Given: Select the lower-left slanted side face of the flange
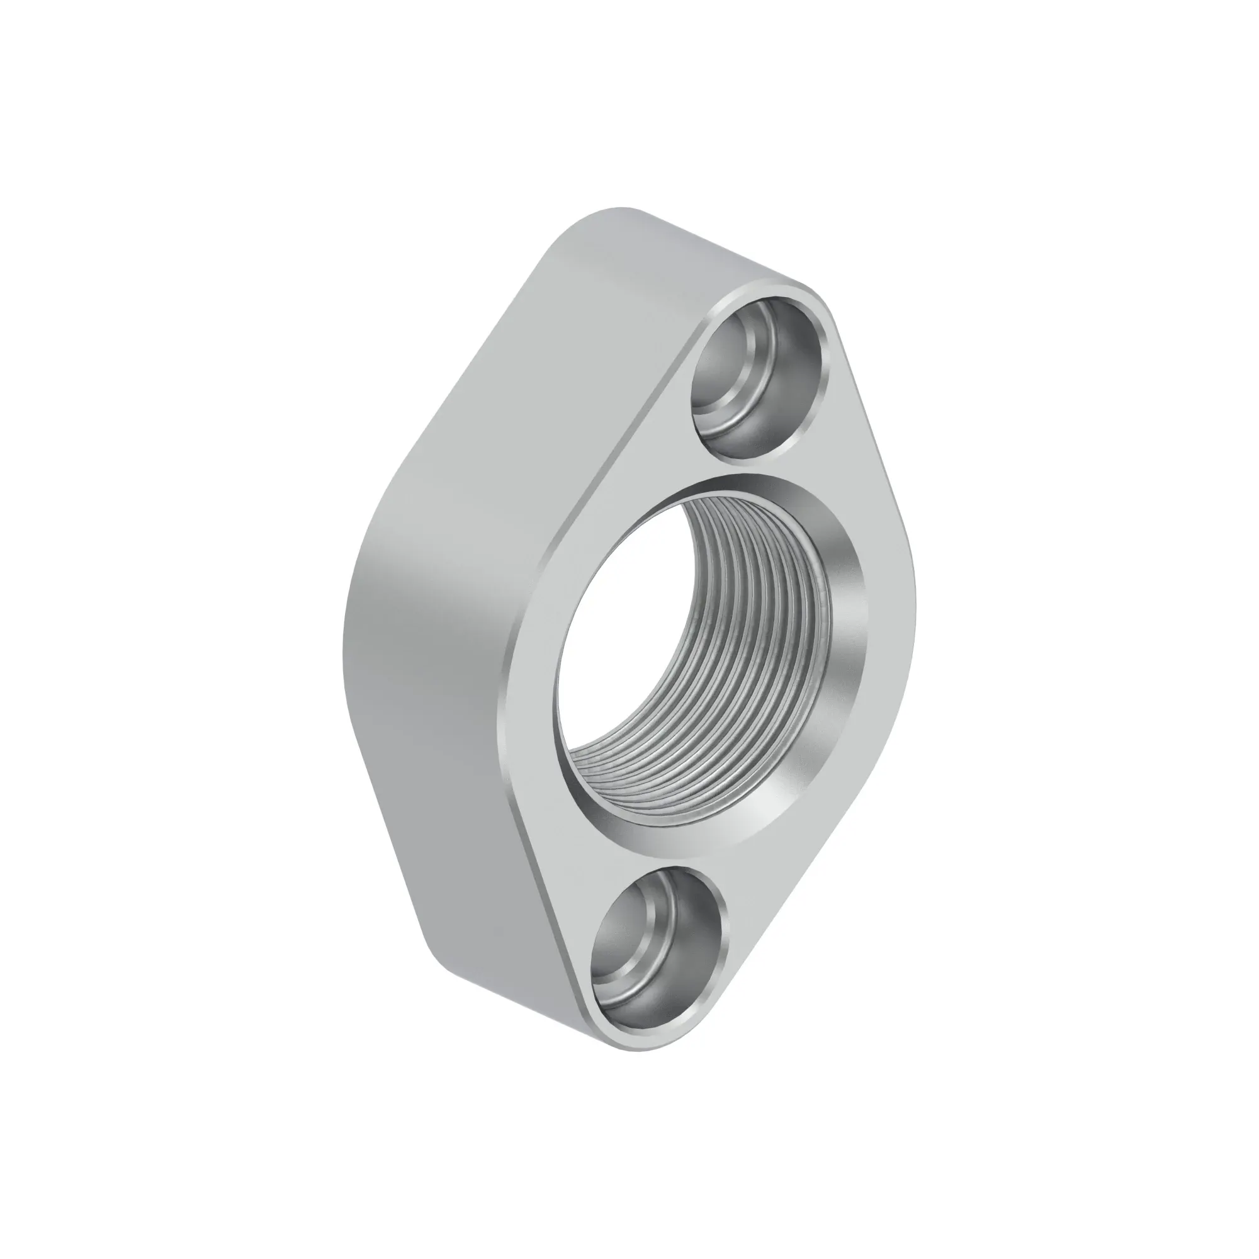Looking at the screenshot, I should click(456, 847).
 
